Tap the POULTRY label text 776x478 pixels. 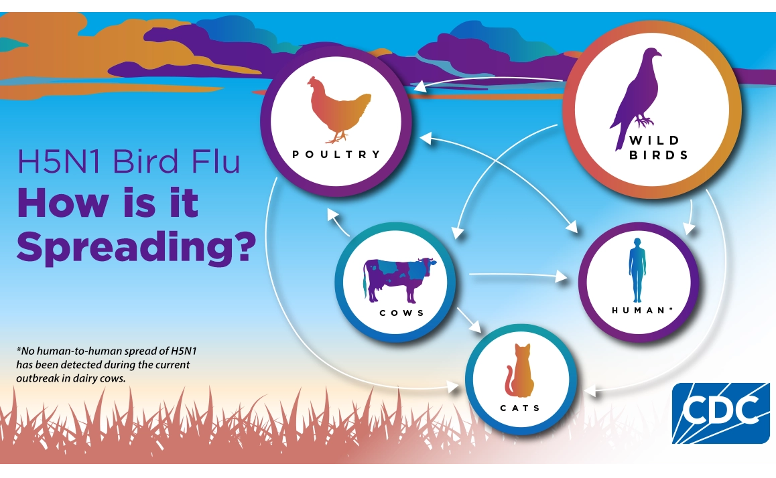(336, 154)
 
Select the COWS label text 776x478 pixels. (402, 313)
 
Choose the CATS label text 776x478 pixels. (520, 408)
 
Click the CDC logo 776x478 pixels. (720, 412)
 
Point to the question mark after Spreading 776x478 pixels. (243, 246)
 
